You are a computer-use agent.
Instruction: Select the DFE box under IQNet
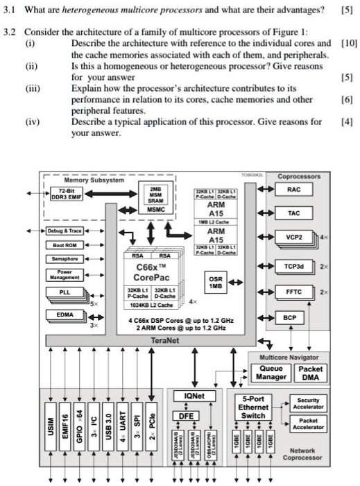point(185,416)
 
